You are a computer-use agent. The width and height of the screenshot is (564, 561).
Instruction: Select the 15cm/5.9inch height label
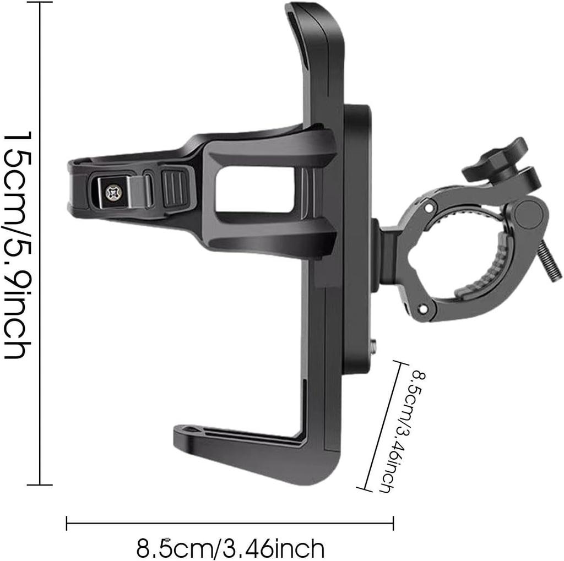(17, 245)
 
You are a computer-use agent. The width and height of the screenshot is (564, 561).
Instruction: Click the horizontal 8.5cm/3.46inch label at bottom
(230, 548)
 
